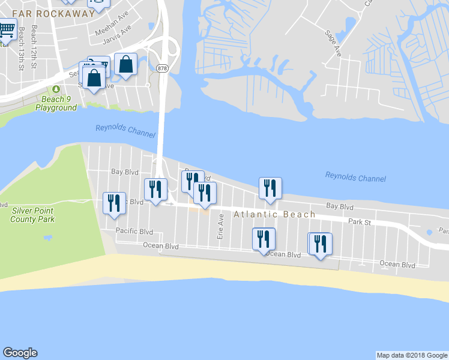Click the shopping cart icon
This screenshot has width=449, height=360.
[7, 29]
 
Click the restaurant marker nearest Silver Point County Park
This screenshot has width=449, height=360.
[114, 203]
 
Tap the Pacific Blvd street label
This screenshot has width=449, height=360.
[134, 232]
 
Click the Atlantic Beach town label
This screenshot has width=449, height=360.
[274, 215]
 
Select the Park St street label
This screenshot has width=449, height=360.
[361, 222]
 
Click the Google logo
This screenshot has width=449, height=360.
[20, 353]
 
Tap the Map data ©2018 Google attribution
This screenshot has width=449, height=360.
[412, 355]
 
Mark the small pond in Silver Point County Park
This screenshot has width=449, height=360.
[47, 238]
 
